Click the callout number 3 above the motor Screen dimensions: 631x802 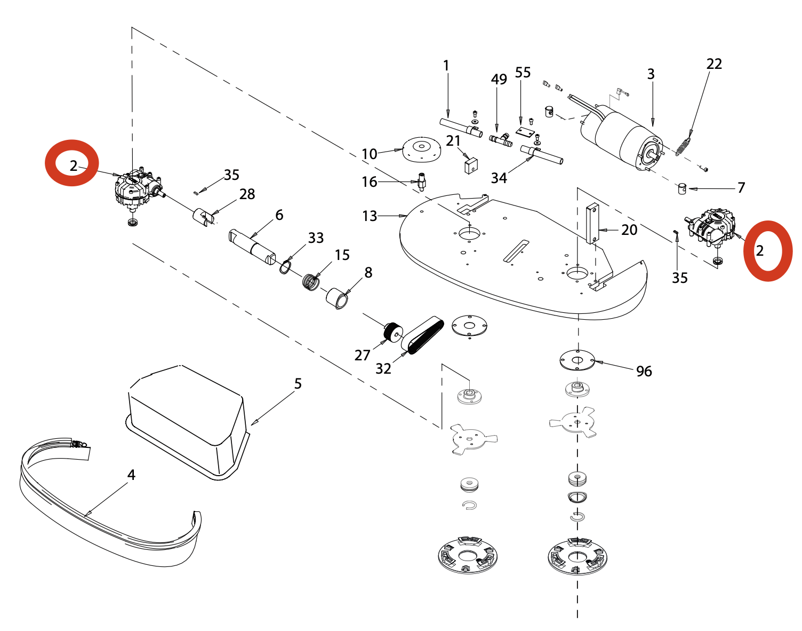point(651,74)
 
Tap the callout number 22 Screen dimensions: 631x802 point(714,64)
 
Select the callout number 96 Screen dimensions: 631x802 point(644,371)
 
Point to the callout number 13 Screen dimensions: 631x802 point(370,216)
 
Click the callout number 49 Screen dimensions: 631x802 point(499,80)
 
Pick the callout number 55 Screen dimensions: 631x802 point(523,73)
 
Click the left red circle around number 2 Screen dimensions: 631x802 point(71,163)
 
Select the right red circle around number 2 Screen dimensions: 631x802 point(768,250)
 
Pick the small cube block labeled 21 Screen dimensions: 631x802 point(470,165)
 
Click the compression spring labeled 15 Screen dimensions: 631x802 point(310,281)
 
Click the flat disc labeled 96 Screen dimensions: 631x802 point(577,360)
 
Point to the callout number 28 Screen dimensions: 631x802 point(247,194)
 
